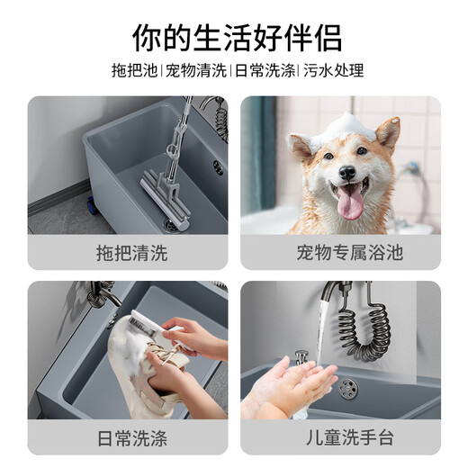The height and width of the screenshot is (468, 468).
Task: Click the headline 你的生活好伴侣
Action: (234, 37)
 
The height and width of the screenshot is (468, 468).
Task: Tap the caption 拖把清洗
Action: (131, 253)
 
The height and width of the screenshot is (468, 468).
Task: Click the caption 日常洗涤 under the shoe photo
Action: (131, 439)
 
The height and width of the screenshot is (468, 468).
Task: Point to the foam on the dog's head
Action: (345, 126)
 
